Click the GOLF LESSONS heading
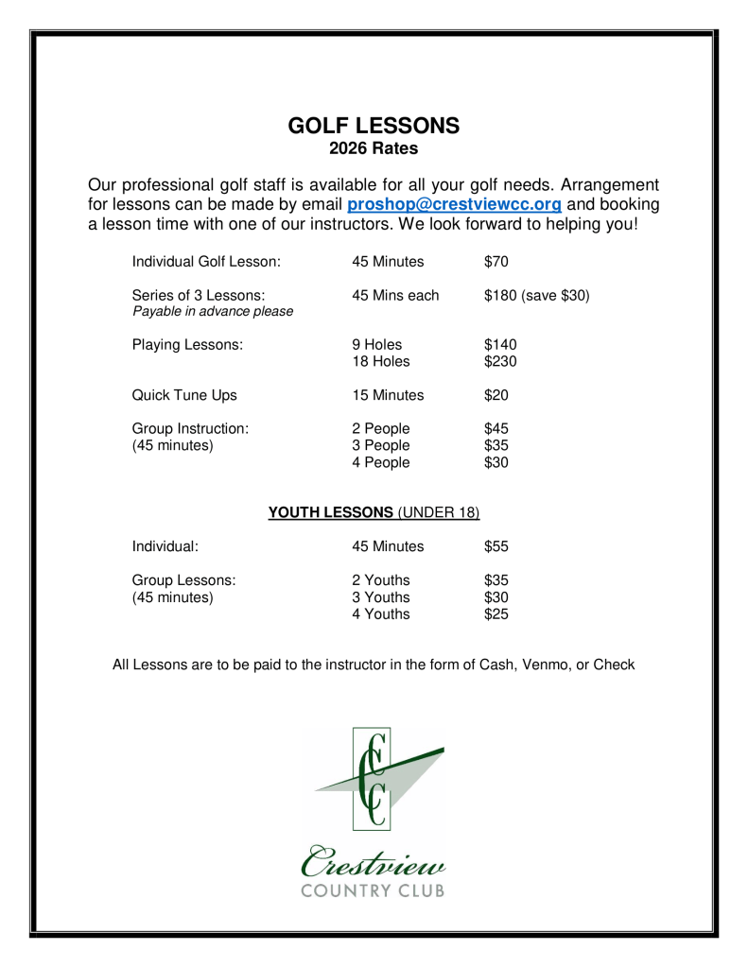374,126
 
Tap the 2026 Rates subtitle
374,148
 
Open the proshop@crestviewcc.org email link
455,204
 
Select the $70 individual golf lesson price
496,261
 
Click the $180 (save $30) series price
536,296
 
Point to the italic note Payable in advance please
213,312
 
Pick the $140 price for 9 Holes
500,345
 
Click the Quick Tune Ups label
184,395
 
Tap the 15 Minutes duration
388,395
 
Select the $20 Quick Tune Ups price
496,395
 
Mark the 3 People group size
381,445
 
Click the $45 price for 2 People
496,428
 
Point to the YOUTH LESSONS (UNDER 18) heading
374,512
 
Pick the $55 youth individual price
496,546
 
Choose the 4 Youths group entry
381,613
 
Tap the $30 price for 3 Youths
496,596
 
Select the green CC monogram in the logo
375,776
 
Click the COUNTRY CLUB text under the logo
373,890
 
